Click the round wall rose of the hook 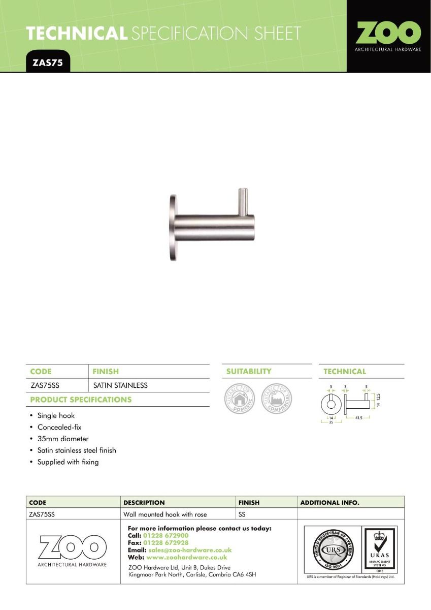[x=172, y=227]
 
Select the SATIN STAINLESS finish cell [x=120, y=385]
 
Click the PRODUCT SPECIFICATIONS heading [x=80, y=400]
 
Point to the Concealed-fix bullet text [x=59, y=427]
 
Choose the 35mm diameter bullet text [x=63, y=439]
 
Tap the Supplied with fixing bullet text [x=68, y=462]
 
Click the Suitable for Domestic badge [x=240, y=399]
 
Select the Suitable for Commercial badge [x=277, y=399]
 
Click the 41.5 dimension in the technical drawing [x=358, y=417]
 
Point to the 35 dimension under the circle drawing [x=331, y=422]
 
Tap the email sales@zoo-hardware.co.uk [x=190, y=550]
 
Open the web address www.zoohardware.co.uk [x=186, y=557]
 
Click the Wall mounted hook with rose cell [x=165, y=514]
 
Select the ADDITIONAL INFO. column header [x=330, y=503]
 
